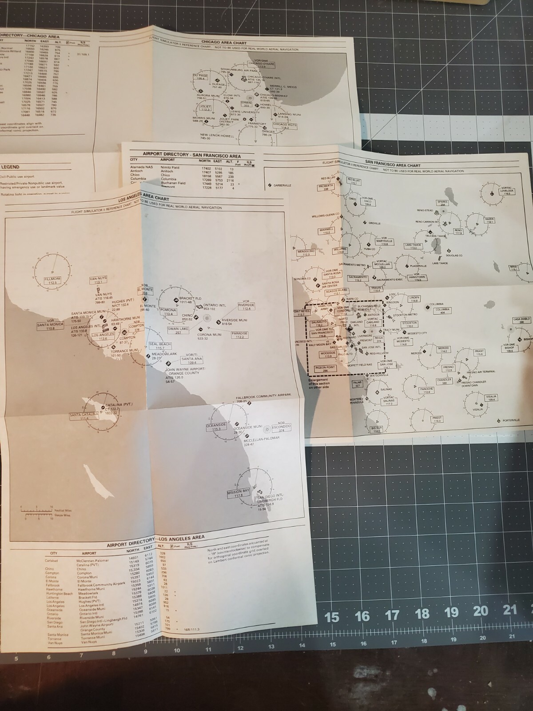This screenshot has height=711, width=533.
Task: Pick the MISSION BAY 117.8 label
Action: coord(239,493)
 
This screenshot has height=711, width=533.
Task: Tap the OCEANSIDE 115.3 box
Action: coord(216,427)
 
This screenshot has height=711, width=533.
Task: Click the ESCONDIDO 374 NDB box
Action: coord(281,428)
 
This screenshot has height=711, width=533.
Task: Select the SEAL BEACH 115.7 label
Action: coord(159,346)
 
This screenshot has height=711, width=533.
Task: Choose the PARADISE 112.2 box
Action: coord(239,335)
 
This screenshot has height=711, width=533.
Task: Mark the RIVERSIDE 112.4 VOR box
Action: coord(246,307)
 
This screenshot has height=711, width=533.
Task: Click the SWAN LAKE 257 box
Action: coord(178,331)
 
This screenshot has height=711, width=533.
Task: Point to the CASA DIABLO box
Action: coord(522,320)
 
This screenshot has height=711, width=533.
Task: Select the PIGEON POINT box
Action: coord(325,369)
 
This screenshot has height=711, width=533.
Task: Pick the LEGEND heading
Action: coord(10,167)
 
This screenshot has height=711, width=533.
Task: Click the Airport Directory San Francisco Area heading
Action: coord(192,155)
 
